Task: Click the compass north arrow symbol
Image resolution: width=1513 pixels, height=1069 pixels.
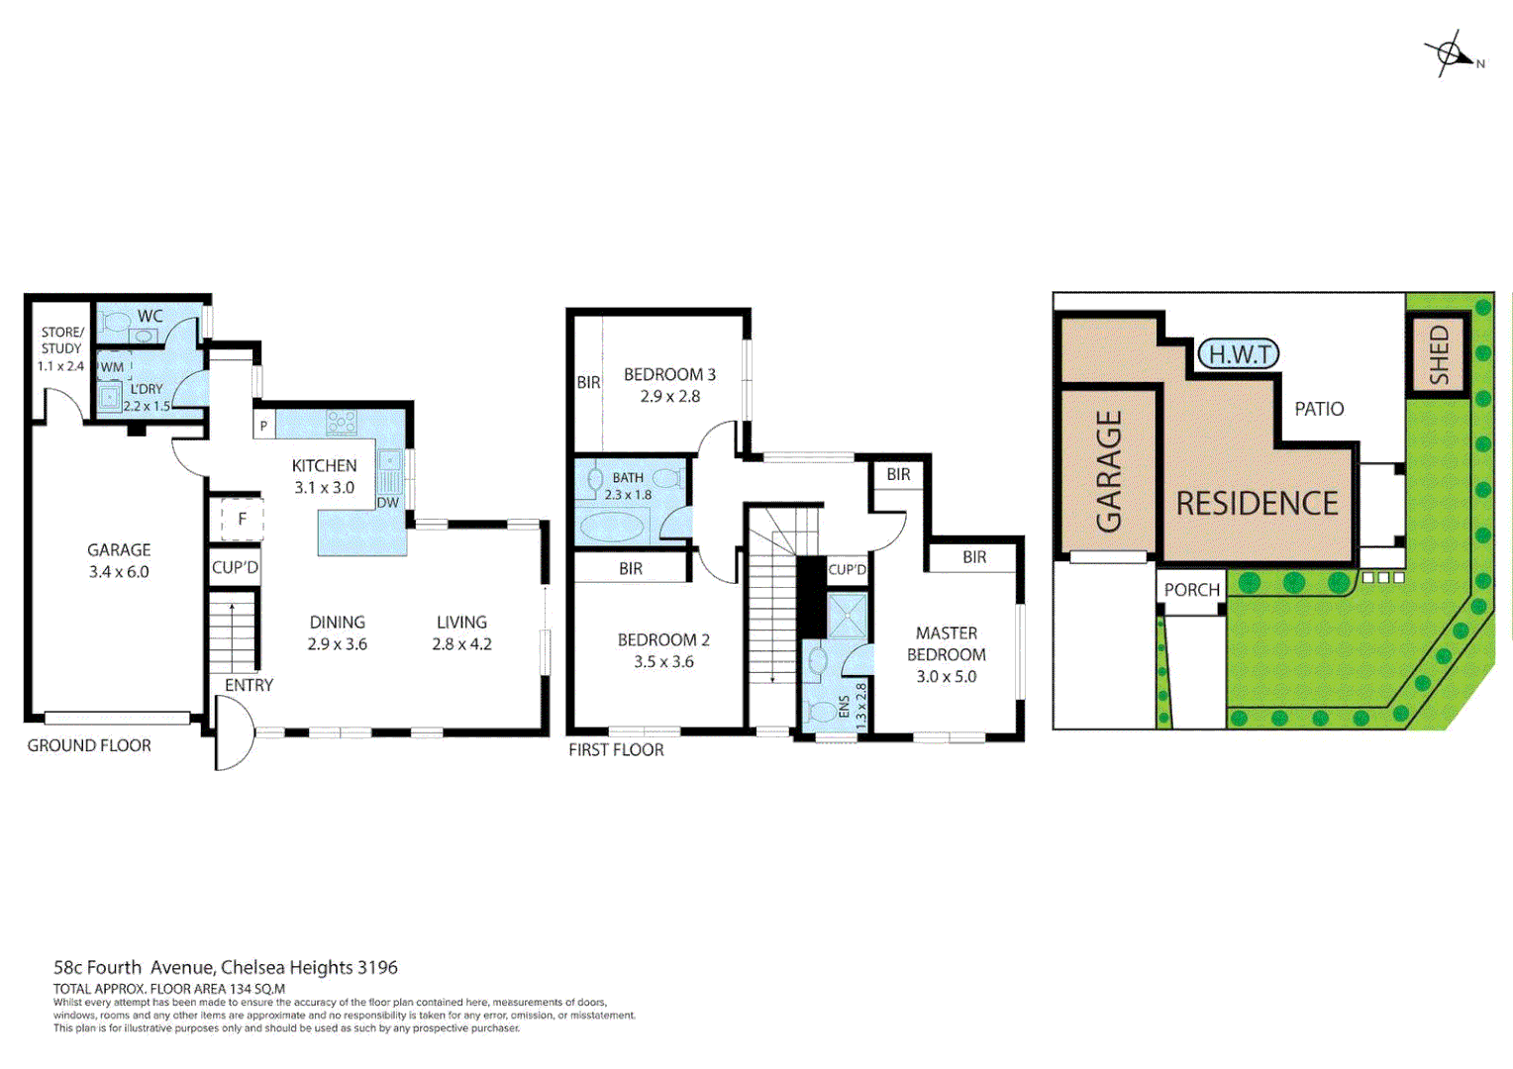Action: (x=1452, y=54)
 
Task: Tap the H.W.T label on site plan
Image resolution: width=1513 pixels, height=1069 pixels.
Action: (x=1239, y=354)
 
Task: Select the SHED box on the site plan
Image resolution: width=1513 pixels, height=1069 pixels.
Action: (x=1437, y=355)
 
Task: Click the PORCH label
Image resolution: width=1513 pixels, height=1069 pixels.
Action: (x=1191, y=590)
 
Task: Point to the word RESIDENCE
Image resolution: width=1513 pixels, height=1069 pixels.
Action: (x=1257, y=504)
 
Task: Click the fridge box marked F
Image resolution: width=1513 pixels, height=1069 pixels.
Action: (x=242, y=519)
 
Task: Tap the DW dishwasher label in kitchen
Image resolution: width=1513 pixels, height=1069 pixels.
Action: (x=387, y=503)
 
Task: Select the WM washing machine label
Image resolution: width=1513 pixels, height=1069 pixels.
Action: (x=113, y=367)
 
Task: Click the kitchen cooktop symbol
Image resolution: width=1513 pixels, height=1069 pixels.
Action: (x=341, y=424)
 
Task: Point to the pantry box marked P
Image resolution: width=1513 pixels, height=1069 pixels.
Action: (x=263, y=427)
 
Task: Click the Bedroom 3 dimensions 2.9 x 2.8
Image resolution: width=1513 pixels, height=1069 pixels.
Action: (x=669, y=397)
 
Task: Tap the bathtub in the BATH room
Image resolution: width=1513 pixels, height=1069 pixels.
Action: (x=611, y=526)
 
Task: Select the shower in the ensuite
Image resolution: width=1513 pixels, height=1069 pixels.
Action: (x=847, y=615)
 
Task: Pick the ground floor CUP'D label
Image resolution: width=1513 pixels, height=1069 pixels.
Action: (x=235, y=568)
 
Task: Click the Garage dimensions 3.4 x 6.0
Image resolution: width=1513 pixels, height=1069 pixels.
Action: (x=119, y=572)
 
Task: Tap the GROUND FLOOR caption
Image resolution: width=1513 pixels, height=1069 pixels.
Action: (x=89, y=746)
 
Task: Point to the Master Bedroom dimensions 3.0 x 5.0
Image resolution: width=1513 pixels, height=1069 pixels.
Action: (x=946, y=677)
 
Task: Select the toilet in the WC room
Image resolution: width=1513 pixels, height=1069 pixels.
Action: (x=117, y=323)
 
